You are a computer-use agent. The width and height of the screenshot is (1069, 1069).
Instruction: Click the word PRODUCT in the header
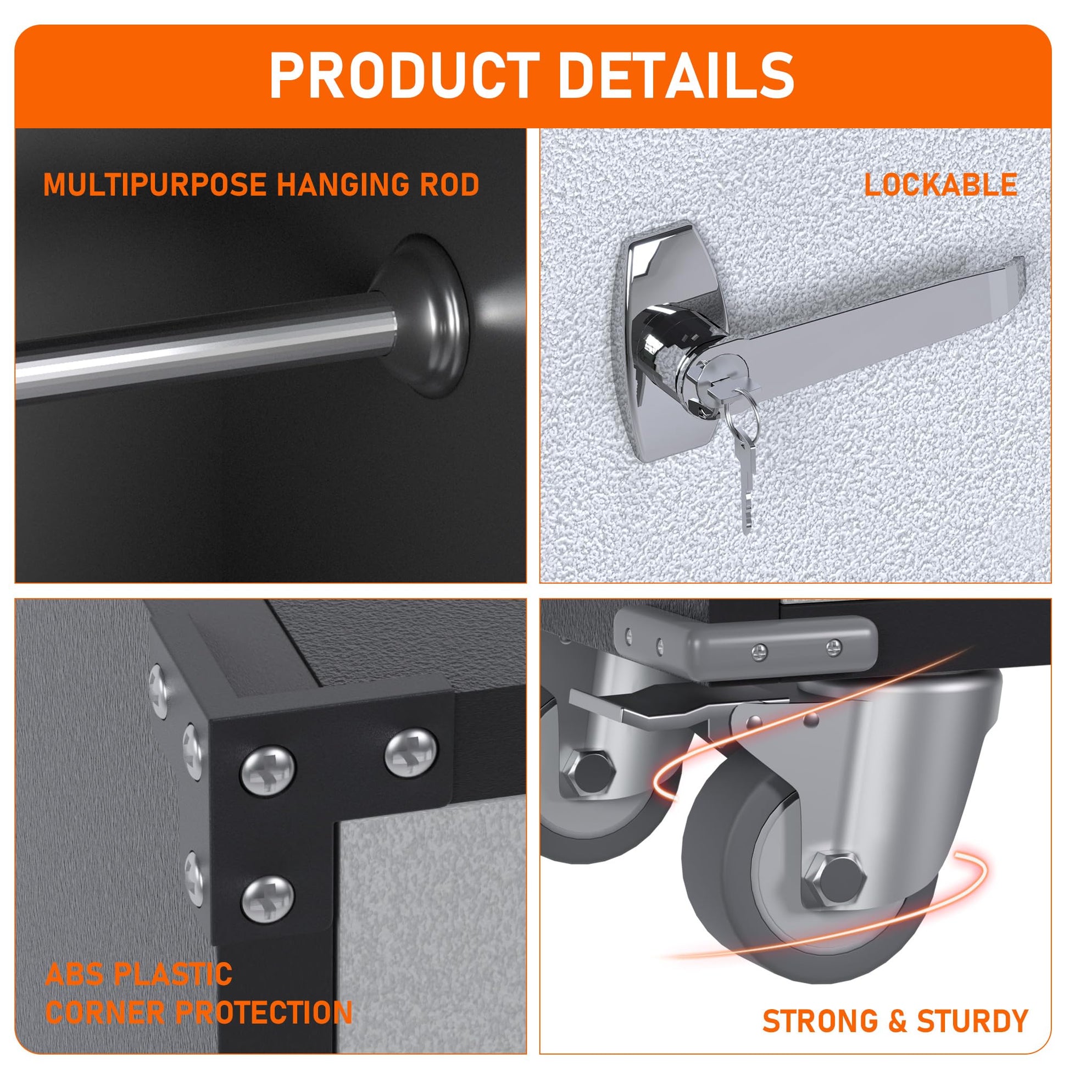pos(404,75)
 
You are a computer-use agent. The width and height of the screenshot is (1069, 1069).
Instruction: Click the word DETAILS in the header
pos(678,75)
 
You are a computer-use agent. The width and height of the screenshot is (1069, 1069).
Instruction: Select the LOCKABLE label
pos(940,185)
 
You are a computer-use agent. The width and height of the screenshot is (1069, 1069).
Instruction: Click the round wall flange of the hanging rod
pos(426,315)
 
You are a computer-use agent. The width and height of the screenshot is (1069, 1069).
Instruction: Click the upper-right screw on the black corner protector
pos(410,753)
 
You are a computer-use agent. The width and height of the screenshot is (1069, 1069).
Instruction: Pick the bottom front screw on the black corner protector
pos(268,900)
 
